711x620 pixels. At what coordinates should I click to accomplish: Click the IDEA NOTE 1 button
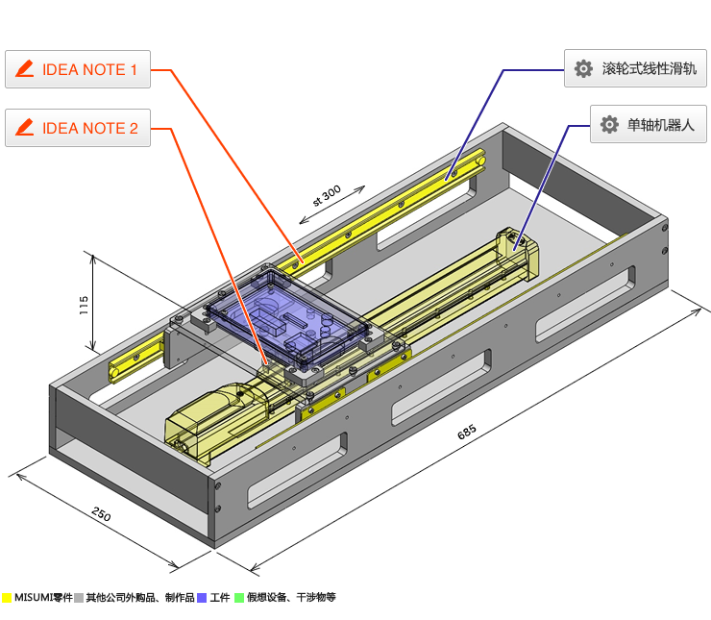pyautogui.click(x=78, y=69)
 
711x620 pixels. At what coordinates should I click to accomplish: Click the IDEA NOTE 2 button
pyautogui.click(x=78, y=128)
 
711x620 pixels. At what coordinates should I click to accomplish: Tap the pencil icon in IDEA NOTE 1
pyautogui.click(x=26, y=69)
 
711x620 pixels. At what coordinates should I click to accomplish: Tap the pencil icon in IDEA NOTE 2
pyautogui.click(x=26, y=128)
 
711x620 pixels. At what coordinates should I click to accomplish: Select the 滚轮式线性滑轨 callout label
pyautogui.click(x=635, y=69)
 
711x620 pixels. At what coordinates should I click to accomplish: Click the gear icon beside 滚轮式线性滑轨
pyautogui.click(x=582, y=69)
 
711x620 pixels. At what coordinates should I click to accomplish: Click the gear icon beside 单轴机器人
pyautogui.click(x=608, y=125)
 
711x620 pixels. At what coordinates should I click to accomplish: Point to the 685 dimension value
pyautogui.click(x=467, y=432)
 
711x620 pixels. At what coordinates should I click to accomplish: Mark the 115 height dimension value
pyautogui.click(x=85, y=306)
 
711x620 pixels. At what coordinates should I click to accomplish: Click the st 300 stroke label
pyautogui.click(x=327, y=196)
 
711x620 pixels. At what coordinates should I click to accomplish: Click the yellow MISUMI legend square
pyautogui.click(x=7, y=598)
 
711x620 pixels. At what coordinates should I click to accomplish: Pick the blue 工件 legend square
pyautogui.click(x=202, y=598)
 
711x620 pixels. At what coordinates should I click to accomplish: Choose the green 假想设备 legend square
pyautogui.click(x=239, y=598)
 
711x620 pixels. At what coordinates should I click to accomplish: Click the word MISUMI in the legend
pyautogui.click(x=34, y=598)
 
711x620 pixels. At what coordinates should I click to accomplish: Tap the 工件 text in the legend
pyautogui.click(x=220, y=598)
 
